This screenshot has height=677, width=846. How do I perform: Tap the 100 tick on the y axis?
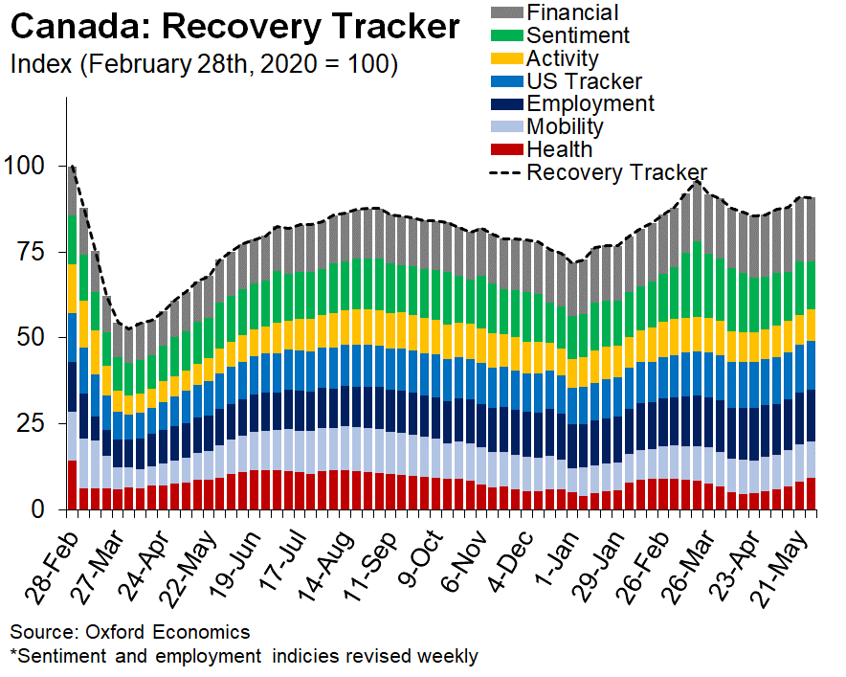coord(25,166)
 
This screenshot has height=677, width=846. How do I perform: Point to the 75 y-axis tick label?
coord(32,252)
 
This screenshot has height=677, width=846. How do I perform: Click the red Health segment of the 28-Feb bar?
coord(72,485)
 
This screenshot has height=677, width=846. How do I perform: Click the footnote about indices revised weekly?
coord(243,656)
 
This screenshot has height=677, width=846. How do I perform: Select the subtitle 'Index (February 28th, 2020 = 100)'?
coord(203,65)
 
